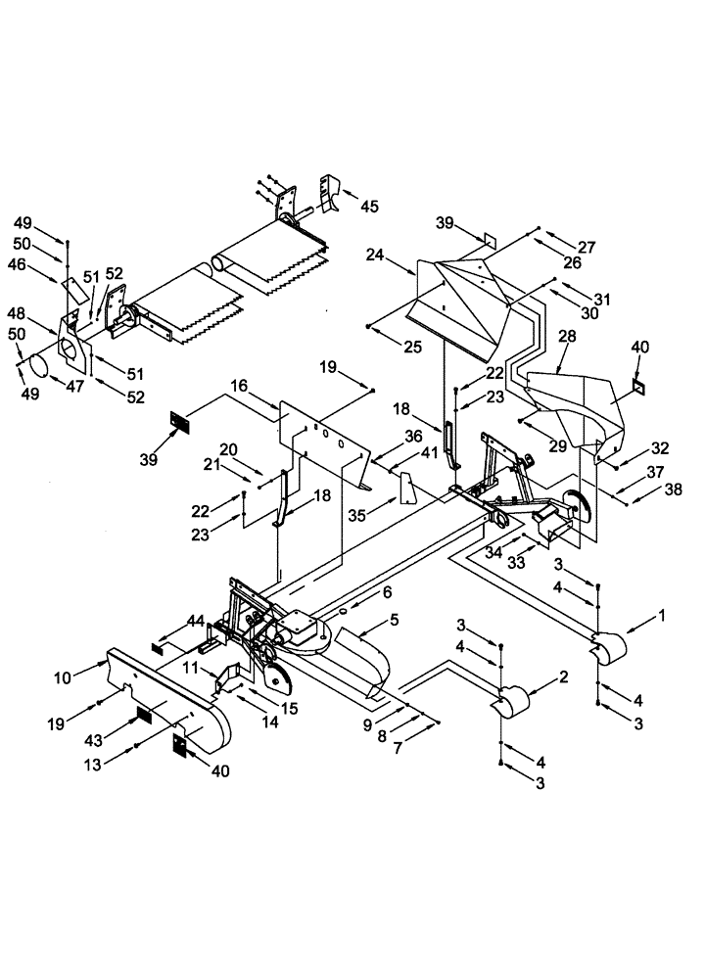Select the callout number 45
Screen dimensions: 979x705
pyautogui.click(x=369, y=207)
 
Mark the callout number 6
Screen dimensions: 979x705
pyautogui.click(x=388, y=592)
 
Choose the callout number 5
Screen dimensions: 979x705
pyautogui.click(x=395, y=619)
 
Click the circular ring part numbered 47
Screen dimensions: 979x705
pyautogui.click(x=40, y=366)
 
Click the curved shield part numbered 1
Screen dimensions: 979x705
pyautogui.click(x=611, y=647)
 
